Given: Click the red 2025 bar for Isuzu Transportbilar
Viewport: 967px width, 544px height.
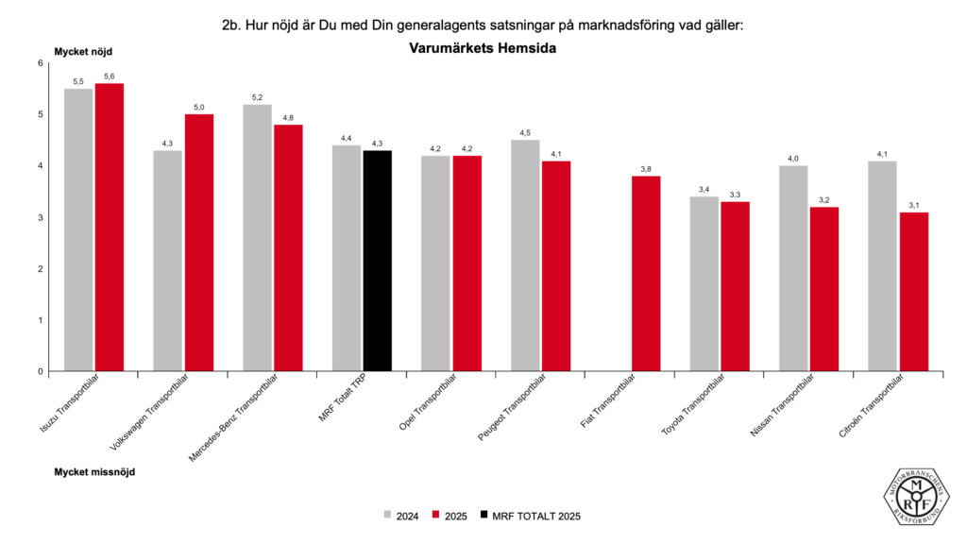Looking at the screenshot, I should coord(110,228).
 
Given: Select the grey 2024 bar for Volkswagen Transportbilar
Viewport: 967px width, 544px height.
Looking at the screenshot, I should coord(168,261).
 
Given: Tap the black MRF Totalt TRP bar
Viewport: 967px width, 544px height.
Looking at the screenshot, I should coord(378,261).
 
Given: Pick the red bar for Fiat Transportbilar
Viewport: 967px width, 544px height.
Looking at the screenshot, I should coord(646,274).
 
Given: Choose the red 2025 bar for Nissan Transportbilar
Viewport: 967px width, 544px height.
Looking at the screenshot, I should coord(824,289).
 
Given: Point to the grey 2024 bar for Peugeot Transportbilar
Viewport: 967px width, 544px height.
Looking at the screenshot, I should coord(525,256).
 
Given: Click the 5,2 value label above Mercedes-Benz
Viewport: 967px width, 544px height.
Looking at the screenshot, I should coord(258,97).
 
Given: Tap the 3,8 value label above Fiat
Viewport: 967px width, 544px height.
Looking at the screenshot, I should coord(646,169).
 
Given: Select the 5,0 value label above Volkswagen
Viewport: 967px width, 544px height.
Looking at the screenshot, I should coord(199,108).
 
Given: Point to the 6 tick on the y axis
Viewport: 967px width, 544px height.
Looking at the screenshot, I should coord(41,63).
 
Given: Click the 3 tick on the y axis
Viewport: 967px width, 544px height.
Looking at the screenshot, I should coord(41,217).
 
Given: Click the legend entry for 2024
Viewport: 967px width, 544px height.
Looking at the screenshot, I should coord(401,516).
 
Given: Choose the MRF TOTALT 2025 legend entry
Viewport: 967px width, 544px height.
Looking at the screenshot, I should coord(529,516).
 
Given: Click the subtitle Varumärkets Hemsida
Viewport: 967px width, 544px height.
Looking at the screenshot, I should coord(482,48).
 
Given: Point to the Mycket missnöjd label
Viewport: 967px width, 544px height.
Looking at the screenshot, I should coord(94,470).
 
